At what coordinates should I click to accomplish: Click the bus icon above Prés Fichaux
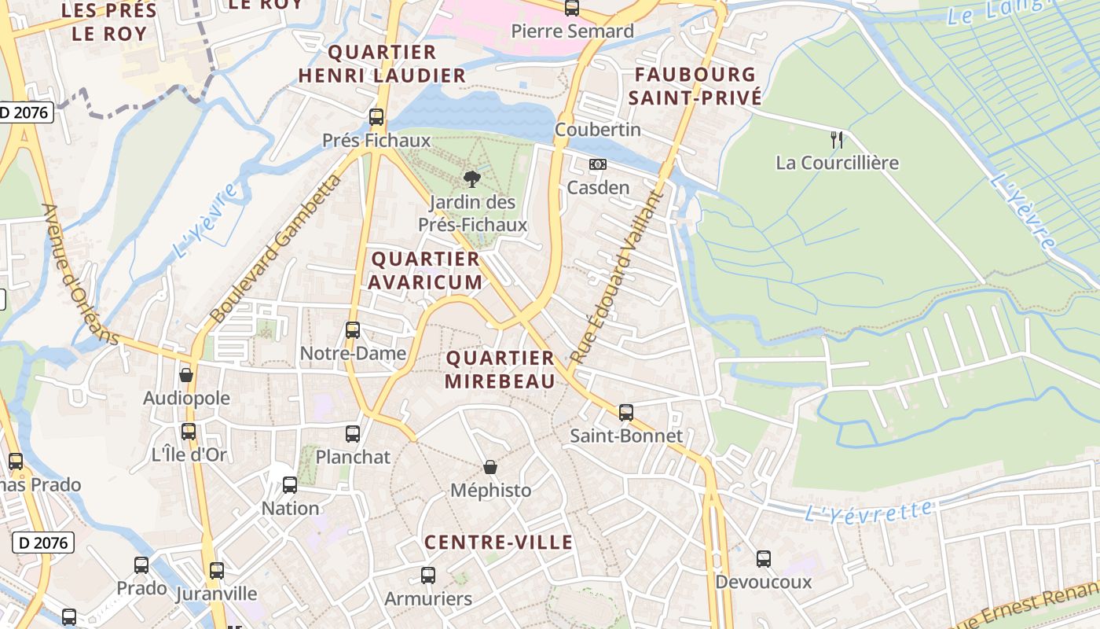click(x=376, y=117)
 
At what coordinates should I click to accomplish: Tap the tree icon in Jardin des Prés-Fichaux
click(x=471, y=178)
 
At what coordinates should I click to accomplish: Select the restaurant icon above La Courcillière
click(x=837, y=140)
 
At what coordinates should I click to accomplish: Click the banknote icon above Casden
click(x=598, y=164)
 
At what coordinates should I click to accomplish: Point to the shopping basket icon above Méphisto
click(x=490, y=467)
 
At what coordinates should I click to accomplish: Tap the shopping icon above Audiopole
click(x=186, y=375)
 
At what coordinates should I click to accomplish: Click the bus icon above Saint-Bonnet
click(x=626, y=412)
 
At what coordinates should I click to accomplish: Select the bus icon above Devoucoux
click(x=764, y=559)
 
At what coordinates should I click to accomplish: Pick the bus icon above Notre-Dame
click(x=353, y=330)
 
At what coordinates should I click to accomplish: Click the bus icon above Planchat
click(x=353, y=433)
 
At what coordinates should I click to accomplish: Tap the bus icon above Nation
click(x=290, y=485)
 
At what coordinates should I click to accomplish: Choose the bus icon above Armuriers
click(x=428, y=576)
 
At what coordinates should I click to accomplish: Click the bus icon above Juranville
click(x=216, y=570)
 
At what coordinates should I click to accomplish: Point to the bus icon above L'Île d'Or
click(x=189, y=431)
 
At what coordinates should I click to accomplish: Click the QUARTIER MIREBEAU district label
click(x=500, y=370)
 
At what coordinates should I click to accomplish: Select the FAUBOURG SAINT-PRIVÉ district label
click(x=695, y=86)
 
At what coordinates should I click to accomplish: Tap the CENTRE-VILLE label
click(x=499, y=542)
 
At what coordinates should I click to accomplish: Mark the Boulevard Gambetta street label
click(x=277, y=250)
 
